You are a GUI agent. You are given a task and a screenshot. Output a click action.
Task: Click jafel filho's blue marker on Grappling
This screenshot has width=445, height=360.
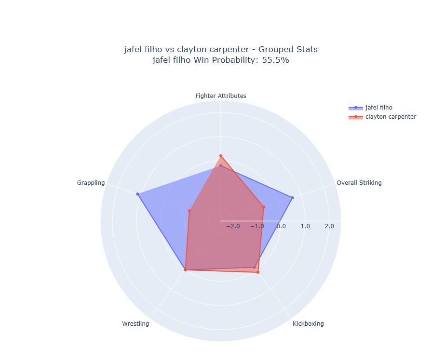click(x=138, y=194)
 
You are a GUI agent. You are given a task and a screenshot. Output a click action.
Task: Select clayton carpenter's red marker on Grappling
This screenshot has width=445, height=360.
click(x=189, y=211)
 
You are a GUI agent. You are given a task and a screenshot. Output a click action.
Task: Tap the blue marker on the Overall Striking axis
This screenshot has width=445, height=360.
click(x=292, y=198)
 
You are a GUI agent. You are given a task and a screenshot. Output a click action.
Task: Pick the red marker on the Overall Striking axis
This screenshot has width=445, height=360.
click(x=264, y=207)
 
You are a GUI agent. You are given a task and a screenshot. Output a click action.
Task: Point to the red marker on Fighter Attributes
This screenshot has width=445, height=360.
click(x=221, y=156)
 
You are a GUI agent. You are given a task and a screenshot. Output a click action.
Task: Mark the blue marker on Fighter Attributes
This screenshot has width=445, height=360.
click(x=221, y=166)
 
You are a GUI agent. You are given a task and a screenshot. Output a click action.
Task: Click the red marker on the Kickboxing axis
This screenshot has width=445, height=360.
click(x=258, y=273)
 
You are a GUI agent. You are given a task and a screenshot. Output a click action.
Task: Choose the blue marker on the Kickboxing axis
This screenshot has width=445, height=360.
click(x=255, y=267)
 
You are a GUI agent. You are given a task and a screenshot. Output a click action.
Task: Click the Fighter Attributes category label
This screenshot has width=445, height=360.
click(x=221, y=96)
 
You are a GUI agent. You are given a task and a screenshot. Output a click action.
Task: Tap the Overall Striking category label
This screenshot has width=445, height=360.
click(x=359, y=183)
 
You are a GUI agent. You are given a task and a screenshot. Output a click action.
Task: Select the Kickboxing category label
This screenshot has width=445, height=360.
click(x=308, y=324)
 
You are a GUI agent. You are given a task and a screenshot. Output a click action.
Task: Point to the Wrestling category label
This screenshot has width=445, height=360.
click(x=135, y=324)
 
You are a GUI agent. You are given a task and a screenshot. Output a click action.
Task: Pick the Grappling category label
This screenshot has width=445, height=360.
click(x=91, y=183)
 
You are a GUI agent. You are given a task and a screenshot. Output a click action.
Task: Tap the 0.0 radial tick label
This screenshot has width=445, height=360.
click(x=281, y=226)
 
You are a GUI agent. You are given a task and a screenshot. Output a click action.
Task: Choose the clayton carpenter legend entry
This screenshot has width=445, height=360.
click(x=391, y=117)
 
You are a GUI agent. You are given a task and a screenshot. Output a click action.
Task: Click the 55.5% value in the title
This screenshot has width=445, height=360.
click(x=275, y=60)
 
